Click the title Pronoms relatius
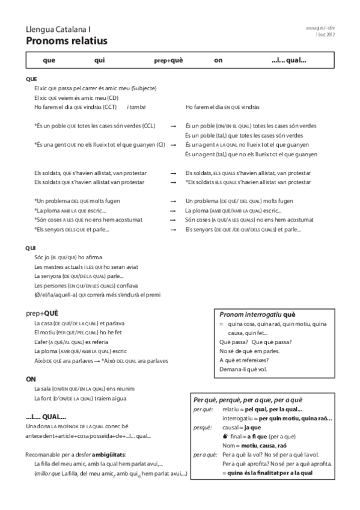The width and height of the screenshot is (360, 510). (66, 41)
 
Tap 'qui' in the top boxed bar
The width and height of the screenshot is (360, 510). (100, 60)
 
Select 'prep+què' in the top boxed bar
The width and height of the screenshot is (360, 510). (169, 60)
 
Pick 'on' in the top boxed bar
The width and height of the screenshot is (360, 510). (218, 60)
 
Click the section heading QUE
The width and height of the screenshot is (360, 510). (32, 79)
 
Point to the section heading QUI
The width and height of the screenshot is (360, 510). (31, 248)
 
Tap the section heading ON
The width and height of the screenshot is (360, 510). (31, 379)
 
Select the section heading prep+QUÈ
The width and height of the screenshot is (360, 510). (42, 313)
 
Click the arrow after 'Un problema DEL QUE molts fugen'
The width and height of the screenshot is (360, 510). (173, 200)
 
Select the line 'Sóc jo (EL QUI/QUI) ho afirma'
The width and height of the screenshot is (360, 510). (68, 257)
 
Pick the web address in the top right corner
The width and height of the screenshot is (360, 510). (319, 28)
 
